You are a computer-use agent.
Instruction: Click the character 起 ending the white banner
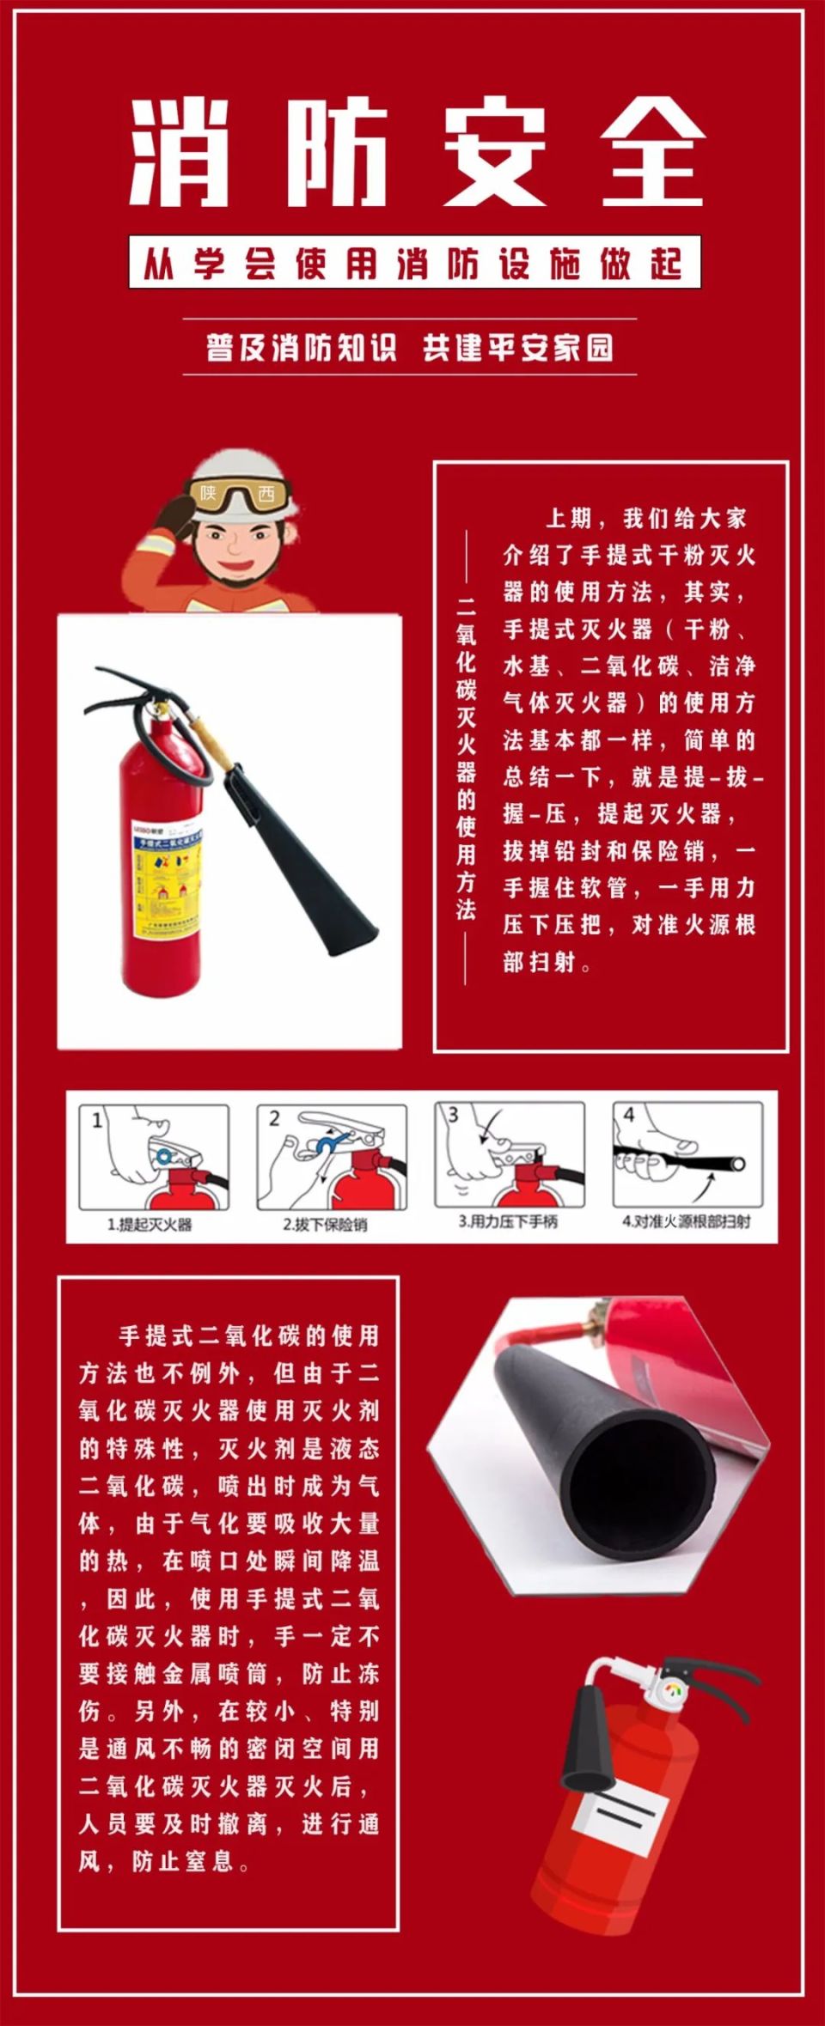pos(666,264)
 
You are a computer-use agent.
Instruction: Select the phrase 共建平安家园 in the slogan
pos(517,348)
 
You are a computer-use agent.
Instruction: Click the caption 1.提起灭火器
pos(150,1224)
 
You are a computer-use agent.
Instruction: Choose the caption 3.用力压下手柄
pos(507,1221)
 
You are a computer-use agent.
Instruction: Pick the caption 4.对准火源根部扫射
pos(686,1221)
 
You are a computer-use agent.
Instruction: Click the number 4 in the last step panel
pos(628,1115)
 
